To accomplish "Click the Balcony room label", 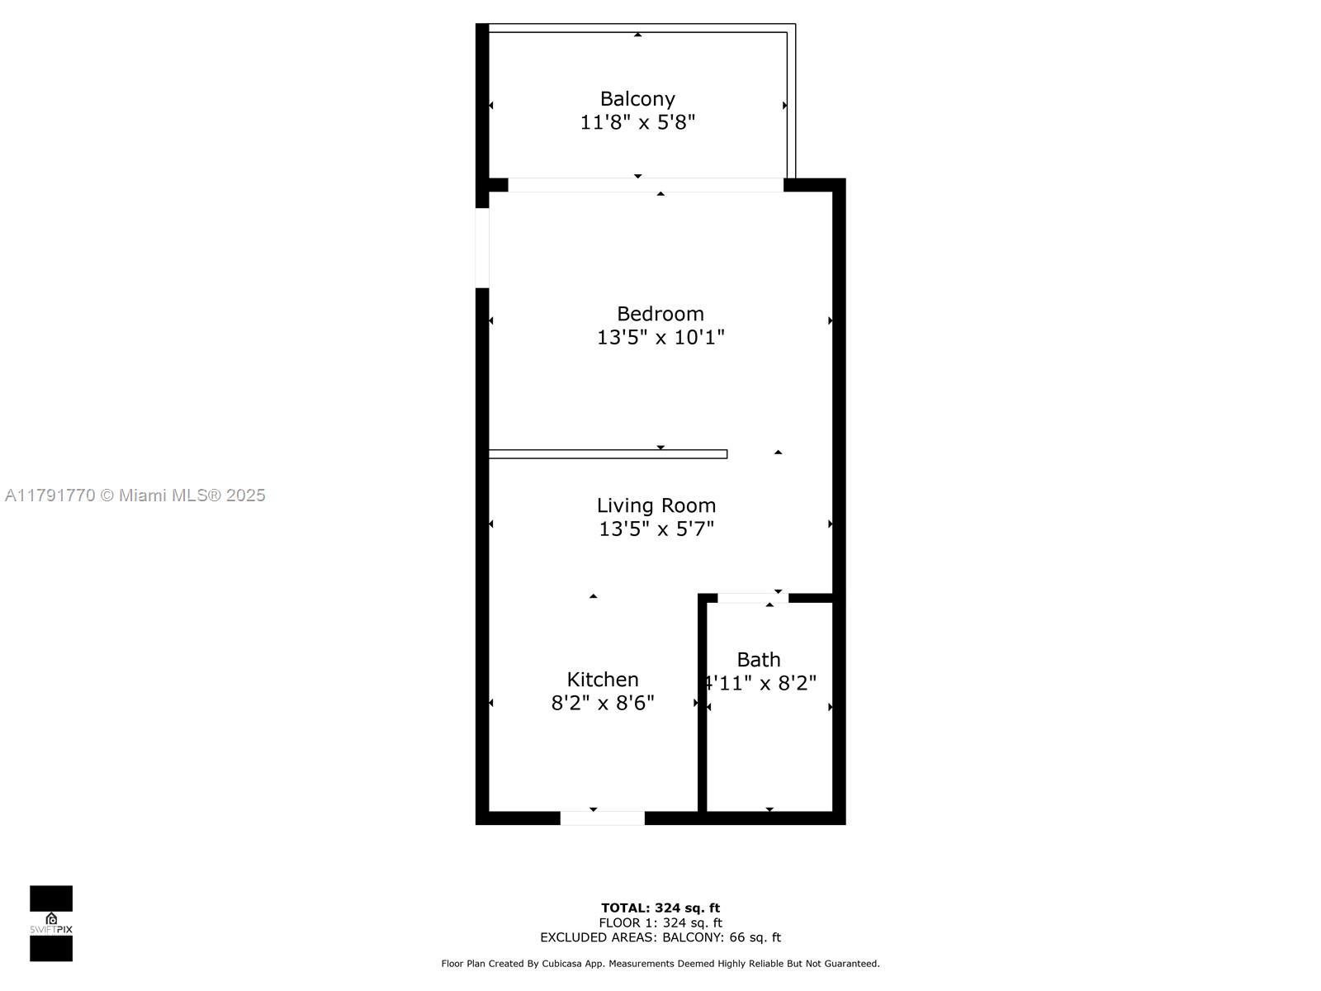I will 637,99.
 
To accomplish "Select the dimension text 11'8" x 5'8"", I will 637,123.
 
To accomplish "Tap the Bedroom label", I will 660,314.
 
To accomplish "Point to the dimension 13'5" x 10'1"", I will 660,337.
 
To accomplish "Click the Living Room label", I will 656,505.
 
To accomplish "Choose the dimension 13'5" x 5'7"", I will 656,529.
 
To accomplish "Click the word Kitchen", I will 603,680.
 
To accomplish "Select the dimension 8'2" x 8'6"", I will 603,703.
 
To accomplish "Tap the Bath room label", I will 759,660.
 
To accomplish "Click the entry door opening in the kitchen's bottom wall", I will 603,818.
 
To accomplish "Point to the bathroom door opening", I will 752,598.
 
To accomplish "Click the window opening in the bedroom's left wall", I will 482,248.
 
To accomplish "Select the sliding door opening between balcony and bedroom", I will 646,185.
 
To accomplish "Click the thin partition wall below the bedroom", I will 608,454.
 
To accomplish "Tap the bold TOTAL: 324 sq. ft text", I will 660,908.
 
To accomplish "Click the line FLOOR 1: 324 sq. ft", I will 660,923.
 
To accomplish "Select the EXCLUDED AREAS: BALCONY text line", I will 660,937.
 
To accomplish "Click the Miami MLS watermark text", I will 135,495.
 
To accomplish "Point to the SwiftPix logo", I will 51,923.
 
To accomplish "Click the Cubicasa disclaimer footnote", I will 660,964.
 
